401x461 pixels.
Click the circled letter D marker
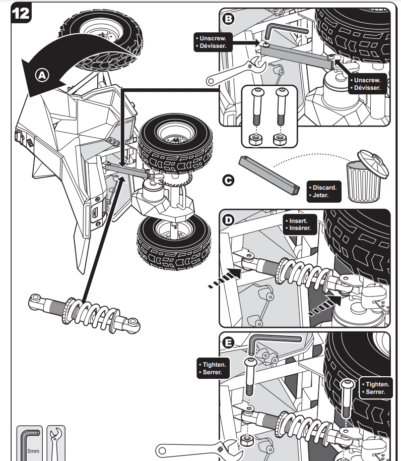(x=229, y=220)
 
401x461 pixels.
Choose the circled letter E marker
(x=229, y=343)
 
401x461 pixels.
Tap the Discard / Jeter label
(x=323, y=191)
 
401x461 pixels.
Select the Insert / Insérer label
(x=301, y=224)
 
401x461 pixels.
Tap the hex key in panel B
(x=282, y=31)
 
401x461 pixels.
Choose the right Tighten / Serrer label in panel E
(x=375, y=388)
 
